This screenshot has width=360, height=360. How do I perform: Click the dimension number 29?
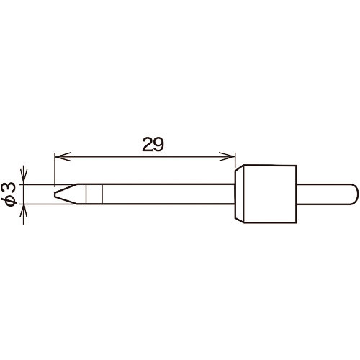click(153, 145)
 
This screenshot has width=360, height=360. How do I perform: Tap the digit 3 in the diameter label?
click(12, 188)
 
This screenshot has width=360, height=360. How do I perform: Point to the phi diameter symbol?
click(12, 200)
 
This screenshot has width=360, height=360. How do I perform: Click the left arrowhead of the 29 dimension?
click(63, 157)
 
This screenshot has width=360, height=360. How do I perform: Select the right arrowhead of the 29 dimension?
click(227, 157)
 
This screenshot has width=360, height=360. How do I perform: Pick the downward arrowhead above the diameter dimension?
click(23, 177)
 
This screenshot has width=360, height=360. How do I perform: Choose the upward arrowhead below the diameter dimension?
click(23, 212)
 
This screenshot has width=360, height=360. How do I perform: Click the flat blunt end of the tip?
click(55, 194)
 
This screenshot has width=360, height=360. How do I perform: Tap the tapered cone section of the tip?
click(66, 194)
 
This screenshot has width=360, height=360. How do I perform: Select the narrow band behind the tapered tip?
click(94, 194)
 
